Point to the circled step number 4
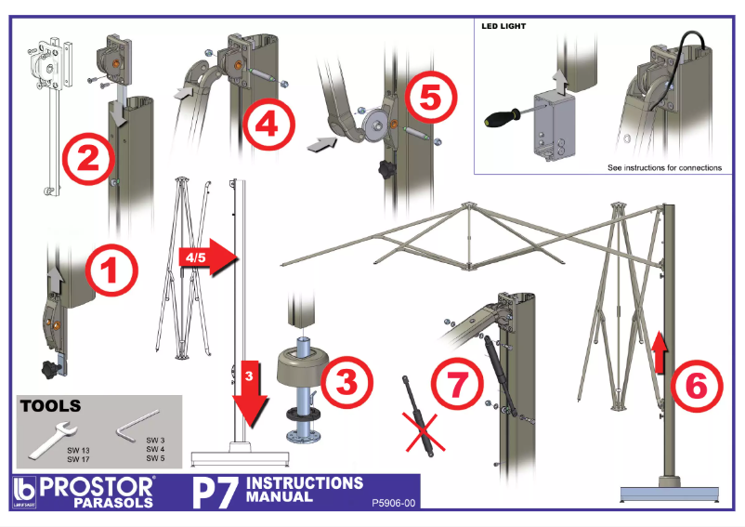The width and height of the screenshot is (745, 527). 268,124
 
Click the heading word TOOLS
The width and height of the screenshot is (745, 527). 50,406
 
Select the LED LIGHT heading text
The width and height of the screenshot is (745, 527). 503,26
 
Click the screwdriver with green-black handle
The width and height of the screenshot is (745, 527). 506,117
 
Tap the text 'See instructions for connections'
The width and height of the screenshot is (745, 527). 663,168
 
